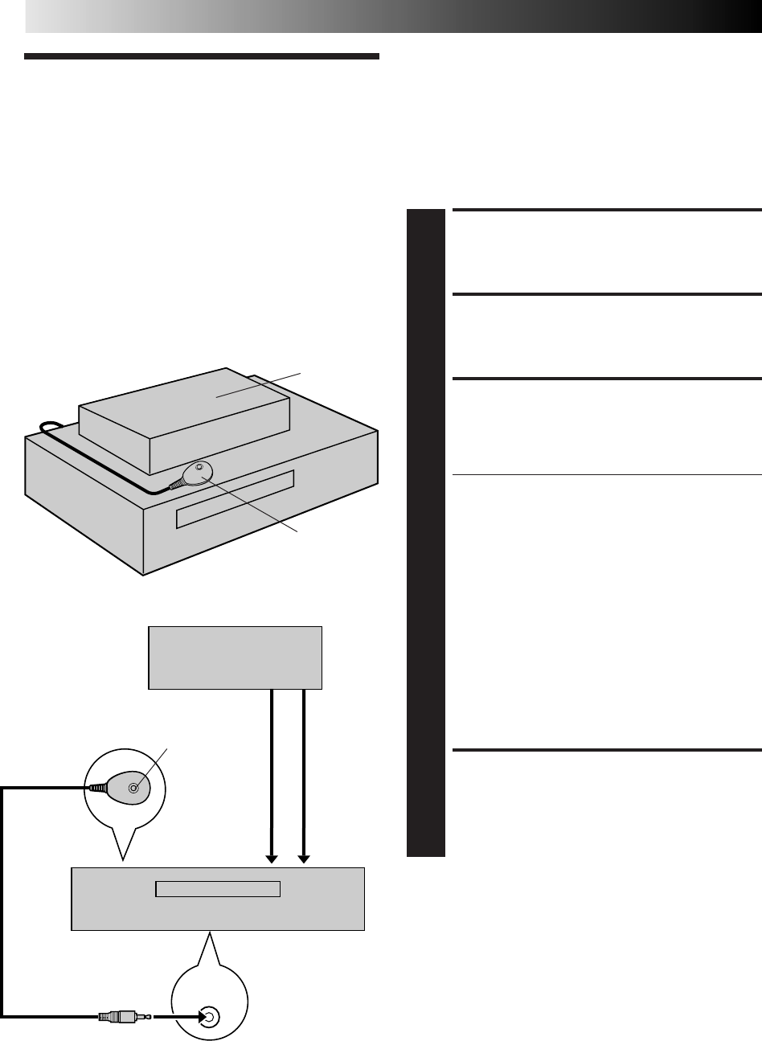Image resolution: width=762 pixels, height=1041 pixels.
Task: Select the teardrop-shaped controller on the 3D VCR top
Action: pos(194,473)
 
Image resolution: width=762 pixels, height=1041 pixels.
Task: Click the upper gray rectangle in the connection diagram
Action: pos(235,658)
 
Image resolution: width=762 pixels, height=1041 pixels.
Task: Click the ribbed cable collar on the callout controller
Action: pos(96,789)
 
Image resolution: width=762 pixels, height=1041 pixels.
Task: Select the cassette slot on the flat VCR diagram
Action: pos(218,888)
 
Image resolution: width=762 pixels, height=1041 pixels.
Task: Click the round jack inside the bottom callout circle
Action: pos(208,1017)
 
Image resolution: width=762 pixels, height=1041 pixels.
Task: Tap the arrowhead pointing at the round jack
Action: pos(193,1017)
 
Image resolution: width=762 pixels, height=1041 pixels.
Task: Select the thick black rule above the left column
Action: pos(201,57)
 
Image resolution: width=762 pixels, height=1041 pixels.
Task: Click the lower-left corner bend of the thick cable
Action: pos(5,1016)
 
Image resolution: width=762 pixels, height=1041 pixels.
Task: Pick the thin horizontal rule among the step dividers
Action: pos(607,475)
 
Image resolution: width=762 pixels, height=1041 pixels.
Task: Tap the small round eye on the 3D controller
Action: pos(199,467)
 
